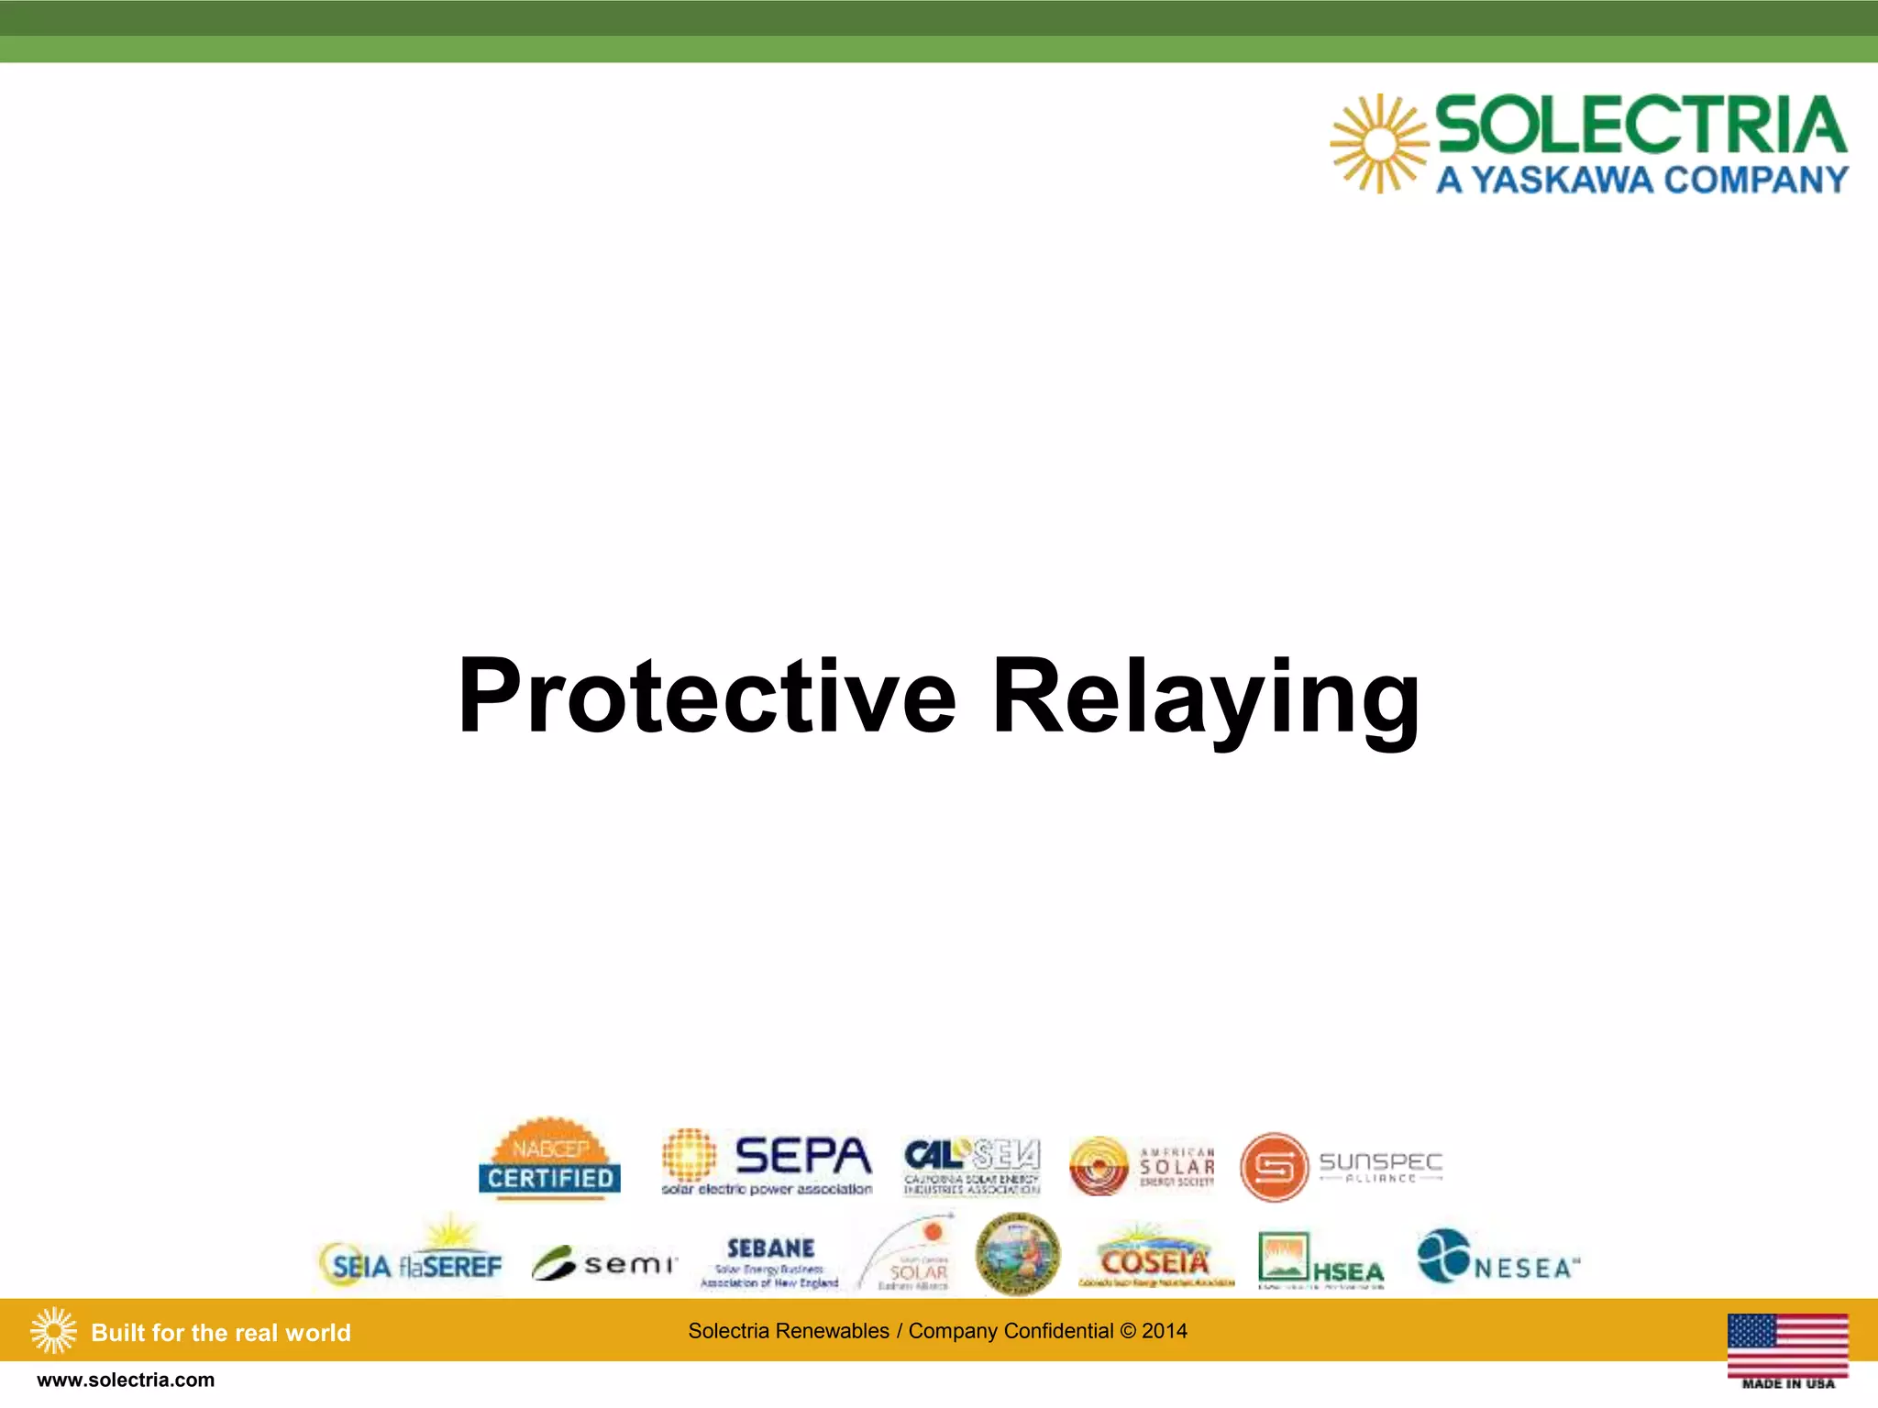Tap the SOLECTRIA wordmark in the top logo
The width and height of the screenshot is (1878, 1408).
tap(1640, 126)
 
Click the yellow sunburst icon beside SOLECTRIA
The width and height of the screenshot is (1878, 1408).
tap(1379, 144)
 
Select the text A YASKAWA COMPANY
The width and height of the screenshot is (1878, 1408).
tap(1641, 180)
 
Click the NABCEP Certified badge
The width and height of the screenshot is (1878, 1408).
tap(549, 1158)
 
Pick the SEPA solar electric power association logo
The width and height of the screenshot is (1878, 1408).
tap(767, 1163)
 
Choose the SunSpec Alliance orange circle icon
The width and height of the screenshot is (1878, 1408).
tap(1274, 1167)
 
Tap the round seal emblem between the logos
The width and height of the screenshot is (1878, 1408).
tap(1017, 1253)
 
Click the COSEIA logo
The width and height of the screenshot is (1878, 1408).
tap(1155, 1259)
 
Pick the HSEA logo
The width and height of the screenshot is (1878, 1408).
tap(1320, 1260)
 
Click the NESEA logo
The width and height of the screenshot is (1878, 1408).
tap(1497, 1259)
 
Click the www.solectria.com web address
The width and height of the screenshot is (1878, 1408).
tap(126, 1380)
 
